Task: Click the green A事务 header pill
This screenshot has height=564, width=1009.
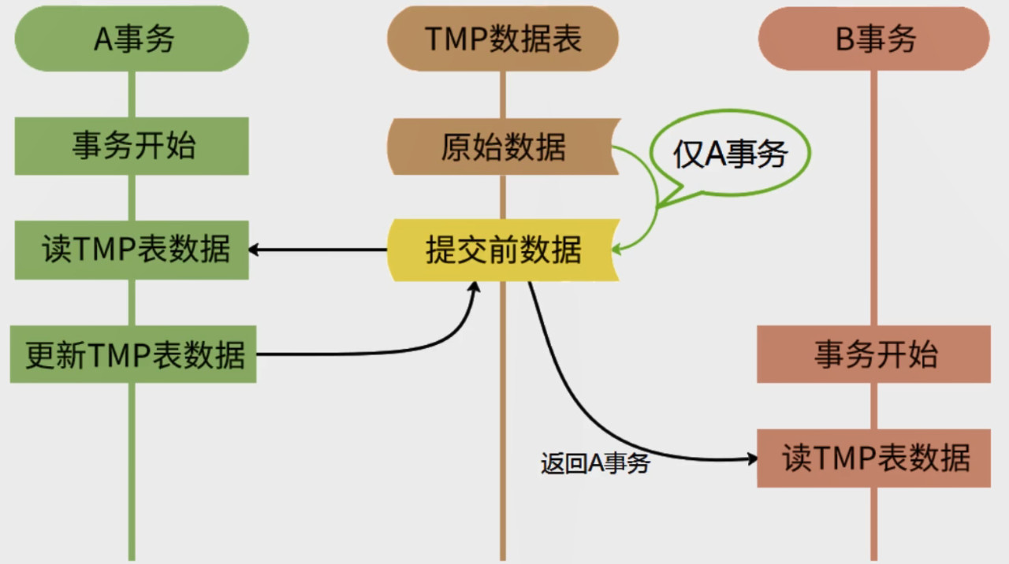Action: [132, 39]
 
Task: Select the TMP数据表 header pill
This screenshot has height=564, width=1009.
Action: [502, 39]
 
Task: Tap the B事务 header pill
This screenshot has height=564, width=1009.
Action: [873, 39]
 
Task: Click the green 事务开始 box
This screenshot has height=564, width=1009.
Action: [132, 146]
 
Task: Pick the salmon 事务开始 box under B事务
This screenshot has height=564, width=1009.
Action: [873, 354]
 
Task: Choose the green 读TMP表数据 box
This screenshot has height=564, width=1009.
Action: [132, 250]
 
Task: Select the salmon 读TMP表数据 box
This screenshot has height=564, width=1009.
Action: [873, 458]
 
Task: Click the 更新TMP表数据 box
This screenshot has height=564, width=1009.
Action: [133, 354]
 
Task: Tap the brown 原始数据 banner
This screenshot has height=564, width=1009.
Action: [502, 147]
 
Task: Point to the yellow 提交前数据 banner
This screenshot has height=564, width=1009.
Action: [502, 250]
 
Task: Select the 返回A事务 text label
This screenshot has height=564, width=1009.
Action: [595, 463]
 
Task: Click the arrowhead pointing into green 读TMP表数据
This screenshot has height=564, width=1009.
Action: [255, 250]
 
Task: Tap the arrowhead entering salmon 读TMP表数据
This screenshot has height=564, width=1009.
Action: [751, 458]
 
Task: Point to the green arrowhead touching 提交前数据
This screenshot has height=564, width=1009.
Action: [617, 250]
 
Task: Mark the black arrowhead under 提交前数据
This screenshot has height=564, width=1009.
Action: [475, 288]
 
